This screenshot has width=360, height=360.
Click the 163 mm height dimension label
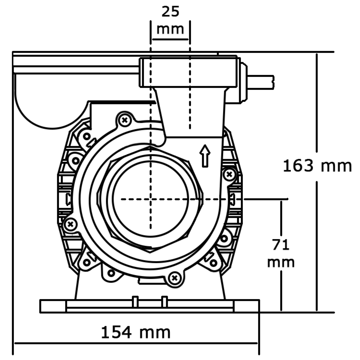point(317,166)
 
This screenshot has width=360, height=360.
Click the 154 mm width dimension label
point(136,332)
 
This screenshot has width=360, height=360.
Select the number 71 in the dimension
point(281,245)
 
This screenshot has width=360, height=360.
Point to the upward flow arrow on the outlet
point(205,156)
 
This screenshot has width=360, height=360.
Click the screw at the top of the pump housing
point(125,119)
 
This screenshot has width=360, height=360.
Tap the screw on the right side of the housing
point(229,173)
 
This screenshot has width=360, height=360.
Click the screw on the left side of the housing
point(71,223)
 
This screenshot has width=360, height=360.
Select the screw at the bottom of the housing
point(175,277)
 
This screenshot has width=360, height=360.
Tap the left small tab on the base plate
point(135,301)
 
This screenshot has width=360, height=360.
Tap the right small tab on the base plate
point(164,301)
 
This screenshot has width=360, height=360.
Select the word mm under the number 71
point(281,263)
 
